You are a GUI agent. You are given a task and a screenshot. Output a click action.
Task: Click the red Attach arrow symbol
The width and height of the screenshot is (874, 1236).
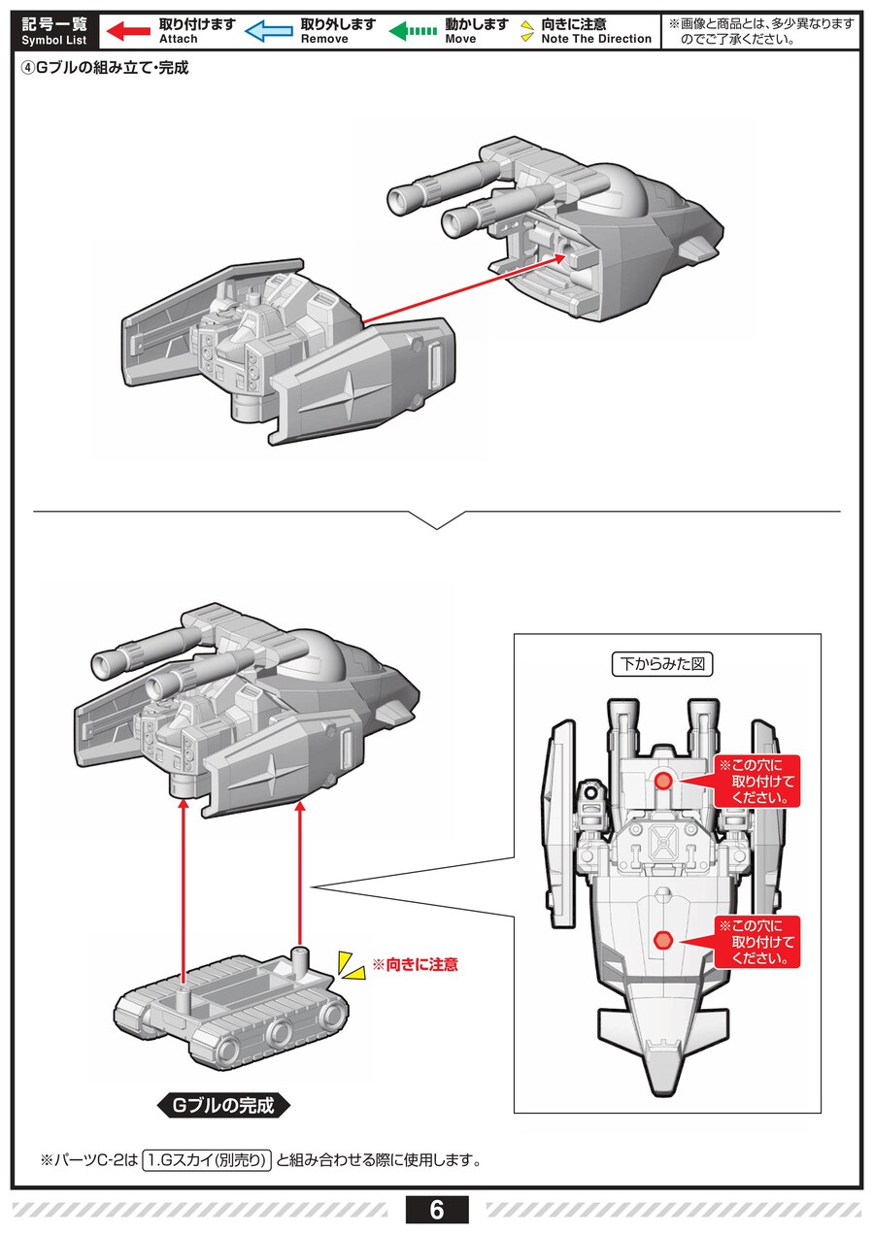(126, 31)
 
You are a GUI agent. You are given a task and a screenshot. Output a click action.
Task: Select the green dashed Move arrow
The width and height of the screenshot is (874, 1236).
(412, 31)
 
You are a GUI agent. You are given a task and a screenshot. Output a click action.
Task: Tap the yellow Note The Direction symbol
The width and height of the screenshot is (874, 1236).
(527, 31)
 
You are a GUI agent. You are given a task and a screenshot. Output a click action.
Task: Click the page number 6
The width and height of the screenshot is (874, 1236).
(436, 1210)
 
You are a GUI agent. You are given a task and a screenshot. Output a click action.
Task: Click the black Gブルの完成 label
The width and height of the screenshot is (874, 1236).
(223, 1105)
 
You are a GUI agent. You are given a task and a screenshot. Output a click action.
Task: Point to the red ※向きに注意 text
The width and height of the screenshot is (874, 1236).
(416, 965)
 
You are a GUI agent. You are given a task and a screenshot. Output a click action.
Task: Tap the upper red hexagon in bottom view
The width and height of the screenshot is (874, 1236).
(663, 782)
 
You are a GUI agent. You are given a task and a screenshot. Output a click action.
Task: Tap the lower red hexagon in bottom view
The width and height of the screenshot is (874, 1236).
(663, 939)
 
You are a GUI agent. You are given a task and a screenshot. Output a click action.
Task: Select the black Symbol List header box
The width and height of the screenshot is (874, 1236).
(54, 31)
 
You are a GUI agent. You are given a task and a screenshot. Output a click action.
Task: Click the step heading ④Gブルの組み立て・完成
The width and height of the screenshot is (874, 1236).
(104, 68)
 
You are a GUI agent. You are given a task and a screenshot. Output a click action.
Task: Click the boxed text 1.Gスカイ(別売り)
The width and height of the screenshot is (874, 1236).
(207, 1160)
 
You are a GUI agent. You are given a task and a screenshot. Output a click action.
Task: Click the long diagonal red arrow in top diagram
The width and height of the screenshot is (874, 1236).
(466, 288)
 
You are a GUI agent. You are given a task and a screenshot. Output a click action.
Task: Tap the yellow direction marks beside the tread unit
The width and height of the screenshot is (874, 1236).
(349, 964)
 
